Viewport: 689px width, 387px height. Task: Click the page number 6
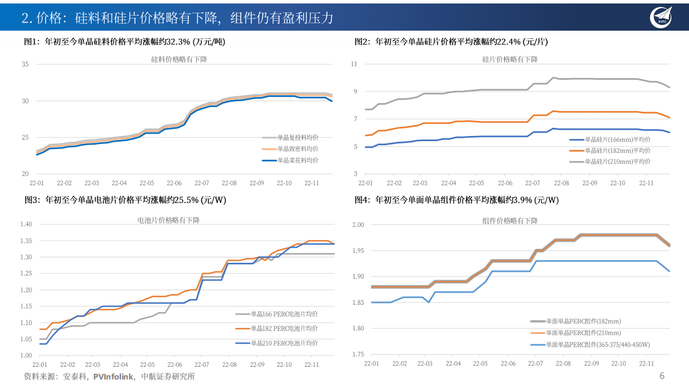662,376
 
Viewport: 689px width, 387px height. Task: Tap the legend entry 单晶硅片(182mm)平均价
617,150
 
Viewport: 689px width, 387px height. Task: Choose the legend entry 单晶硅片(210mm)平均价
617,161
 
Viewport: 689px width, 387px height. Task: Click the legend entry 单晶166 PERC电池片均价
284,314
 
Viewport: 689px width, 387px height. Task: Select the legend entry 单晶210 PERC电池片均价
284,343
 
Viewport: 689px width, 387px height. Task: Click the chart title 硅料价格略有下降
179,59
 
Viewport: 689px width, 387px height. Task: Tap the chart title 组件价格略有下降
510,221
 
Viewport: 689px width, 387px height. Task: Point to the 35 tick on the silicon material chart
25,64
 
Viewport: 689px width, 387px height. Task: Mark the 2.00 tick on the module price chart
358,225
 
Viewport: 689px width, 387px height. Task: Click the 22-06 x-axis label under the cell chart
174,365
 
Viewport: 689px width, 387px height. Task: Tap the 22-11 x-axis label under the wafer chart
646,183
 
